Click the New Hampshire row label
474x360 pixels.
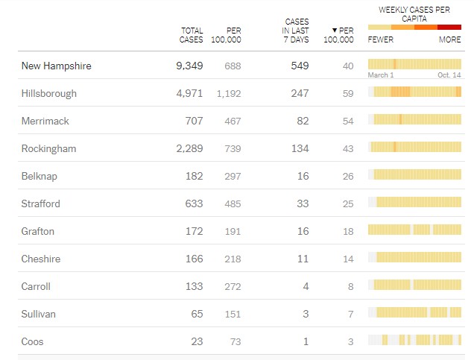[56, 66]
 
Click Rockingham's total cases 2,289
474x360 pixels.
[189, 149]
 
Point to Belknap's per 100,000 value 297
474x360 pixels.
[232, 177]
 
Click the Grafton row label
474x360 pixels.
[38, 232]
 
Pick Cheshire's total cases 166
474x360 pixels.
[194, 259]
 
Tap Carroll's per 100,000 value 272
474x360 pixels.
[232, 287]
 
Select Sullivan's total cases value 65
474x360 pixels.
[197, 315]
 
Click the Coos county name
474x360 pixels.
[33, 342]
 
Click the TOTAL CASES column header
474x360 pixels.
[192, 35]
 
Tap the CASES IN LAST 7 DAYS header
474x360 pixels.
[296, 31]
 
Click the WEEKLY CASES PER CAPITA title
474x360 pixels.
[414, 13]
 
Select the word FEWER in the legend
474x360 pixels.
[381, 40]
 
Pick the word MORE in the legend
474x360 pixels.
[449, 40]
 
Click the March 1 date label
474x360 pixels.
[381, 75]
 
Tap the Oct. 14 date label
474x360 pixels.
[449, 75]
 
